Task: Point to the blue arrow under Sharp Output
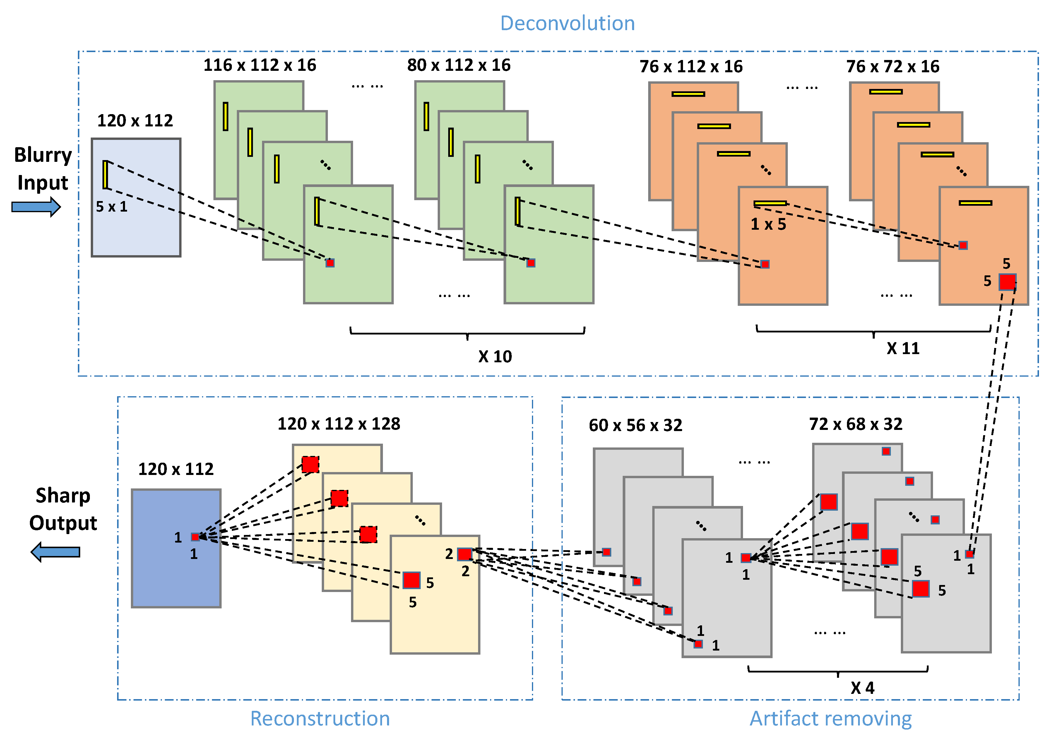[55, 552]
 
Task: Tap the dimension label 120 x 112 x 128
[339, 423]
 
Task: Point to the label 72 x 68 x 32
[855, 424]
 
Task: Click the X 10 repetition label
[495, 356]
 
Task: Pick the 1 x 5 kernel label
[768, 224]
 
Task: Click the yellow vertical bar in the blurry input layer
[105, 174]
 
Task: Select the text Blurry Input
[43, 169]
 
